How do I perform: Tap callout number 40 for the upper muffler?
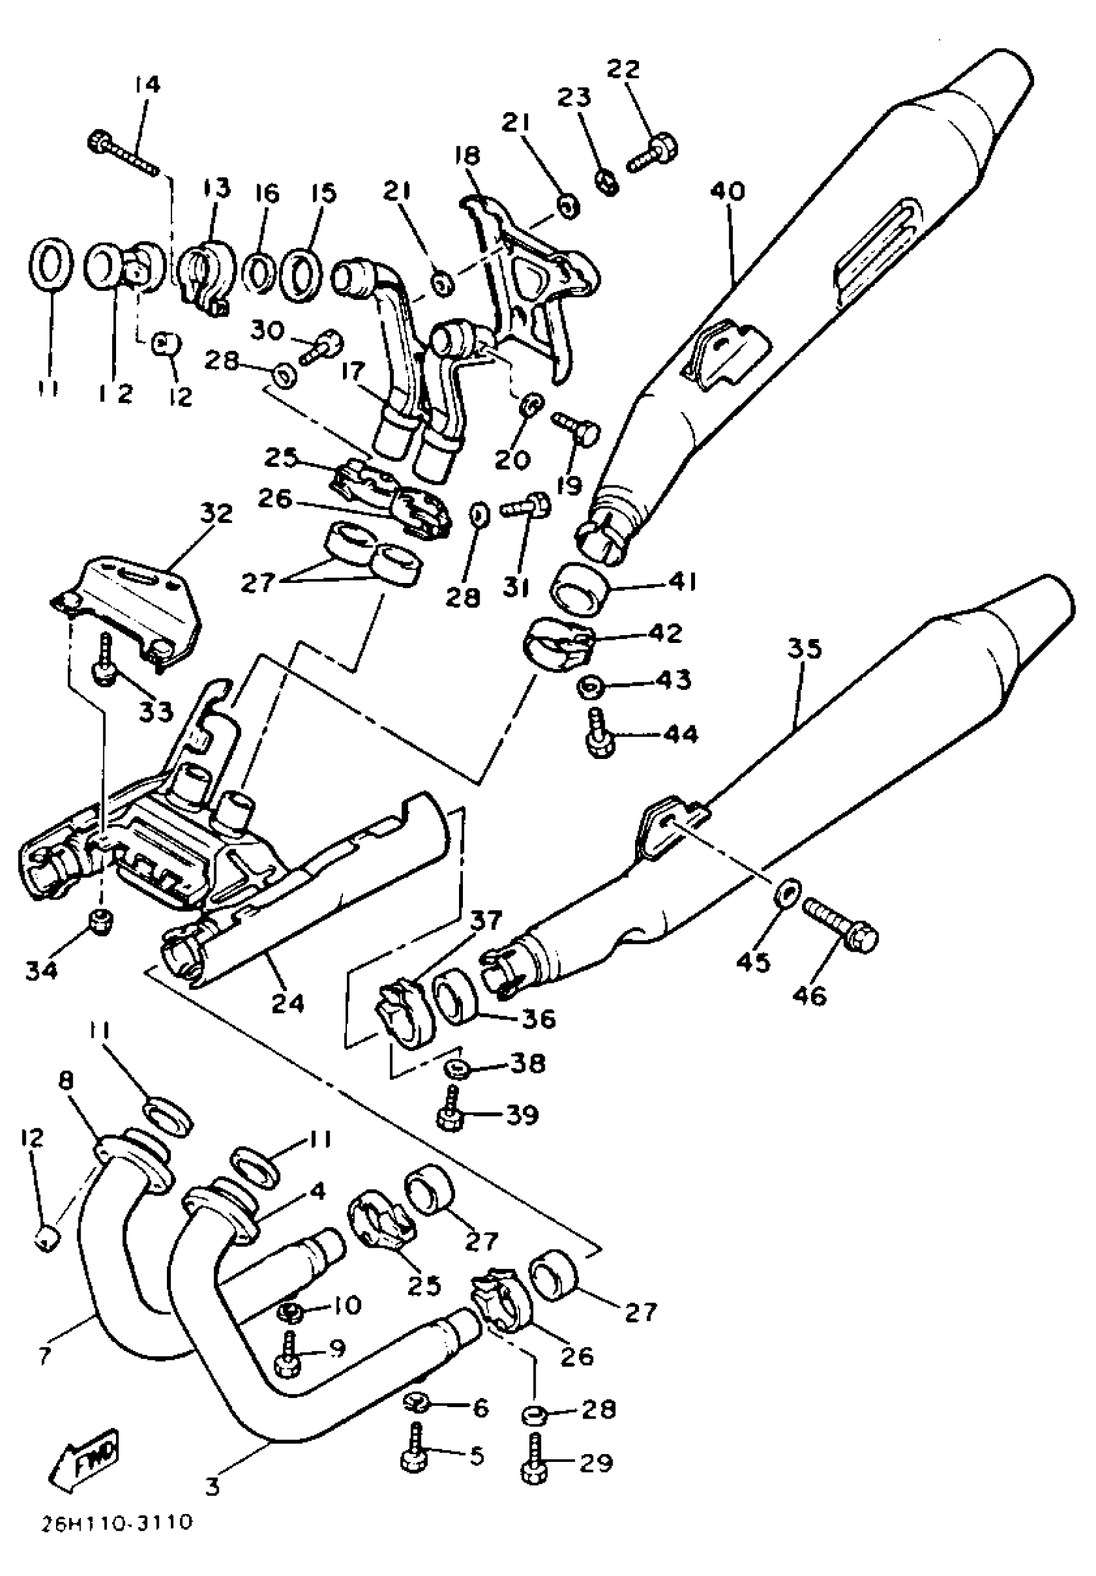(x=727, y=192)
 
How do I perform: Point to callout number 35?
(x=805, y=649)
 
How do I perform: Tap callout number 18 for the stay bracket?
(x=467, y=155)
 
